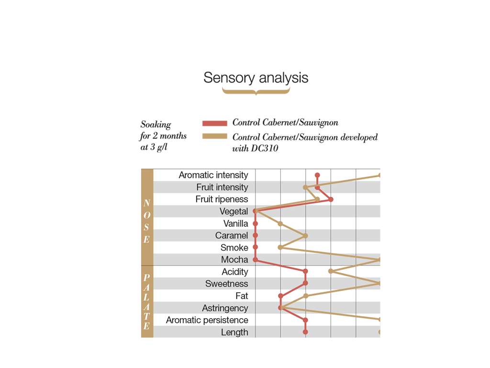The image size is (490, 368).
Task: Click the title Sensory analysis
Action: [256, 78]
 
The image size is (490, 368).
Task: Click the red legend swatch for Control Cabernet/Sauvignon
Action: [215, 123]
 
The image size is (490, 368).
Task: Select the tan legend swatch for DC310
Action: [215, 137]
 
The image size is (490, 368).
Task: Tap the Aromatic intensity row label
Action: [213, 175]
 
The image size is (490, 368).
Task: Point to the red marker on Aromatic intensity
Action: [317, 175]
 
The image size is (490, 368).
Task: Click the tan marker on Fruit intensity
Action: [305, 187]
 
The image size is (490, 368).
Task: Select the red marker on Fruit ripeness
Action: [331, 199]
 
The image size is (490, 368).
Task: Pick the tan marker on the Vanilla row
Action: [280, 224]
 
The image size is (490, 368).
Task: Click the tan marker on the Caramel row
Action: [305, 236]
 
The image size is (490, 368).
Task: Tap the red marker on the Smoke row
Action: [255, 248]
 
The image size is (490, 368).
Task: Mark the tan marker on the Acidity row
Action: [331, 271]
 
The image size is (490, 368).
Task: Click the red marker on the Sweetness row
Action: [305, 283]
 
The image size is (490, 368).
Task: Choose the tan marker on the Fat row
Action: [306, 296]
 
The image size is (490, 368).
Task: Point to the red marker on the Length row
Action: [305, 332]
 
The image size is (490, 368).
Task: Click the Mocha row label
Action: [234, 260]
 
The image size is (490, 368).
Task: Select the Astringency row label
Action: [225, 308]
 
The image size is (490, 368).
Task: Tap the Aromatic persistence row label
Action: [207, 320]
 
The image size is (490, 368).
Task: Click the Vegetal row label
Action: [234, 211]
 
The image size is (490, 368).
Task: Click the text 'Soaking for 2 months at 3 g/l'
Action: [163, 136]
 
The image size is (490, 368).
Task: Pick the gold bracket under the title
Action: [256, 91]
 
